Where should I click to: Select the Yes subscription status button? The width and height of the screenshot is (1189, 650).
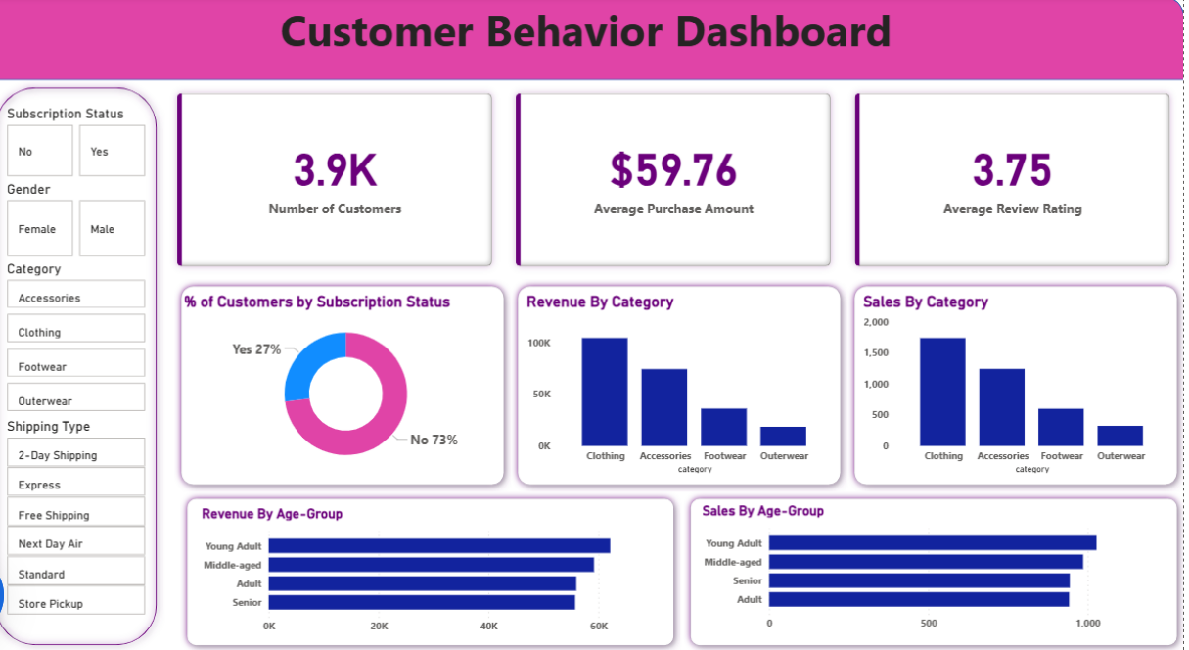click(x=112, y=152)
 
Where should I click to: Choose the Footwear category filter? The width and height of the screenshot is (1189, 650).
click(x=75, y=366)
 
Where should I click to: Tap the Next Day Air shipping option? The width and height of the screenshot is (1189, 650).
click(x=75, y=543)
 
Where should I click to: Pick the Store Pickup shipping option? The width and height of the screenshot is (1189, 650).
click(x=75, y=603)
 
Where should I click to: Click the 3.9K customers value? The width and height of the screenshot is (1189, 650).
click(x=335, y=170)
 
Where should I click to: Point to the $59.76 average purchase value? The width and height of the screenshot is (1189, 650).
click(x=673, y=170)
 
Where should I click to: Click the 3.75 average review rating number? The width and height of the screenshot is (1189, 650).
click(x=1012, y=170)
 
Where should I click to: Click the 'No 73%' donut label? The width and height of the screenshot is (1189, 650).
click(x=434, y=440)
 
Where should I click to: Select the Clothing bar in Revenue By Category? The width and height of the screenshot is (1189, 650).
click(x=605, y=392)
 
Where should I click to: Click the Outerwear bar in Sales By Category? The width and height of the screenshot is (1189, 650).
click(x=1120, y=436)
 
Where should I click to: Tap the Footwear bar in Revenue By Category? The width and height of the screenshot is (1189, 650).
click(x=723, y=427)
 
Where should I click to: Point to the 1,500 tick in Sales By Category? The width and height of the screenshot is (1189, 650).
click(x=876, y=352)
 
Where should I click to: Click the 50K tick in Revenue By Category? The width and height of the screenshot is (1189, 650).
click(x=540, y=394)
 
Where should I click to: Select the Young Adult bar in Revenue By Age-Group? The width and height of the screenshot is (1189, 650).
click(x=438, y=545)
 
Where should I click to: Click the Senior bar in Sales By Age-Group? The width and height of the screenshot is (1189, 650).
click(x=918, y=580)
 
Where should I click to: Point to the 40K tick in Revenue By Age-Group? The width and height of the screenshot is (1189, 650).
click(x=488, y=626)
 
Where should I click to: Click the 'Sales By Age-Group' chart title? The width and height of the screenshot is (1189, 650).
click(x=762, y=511)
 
